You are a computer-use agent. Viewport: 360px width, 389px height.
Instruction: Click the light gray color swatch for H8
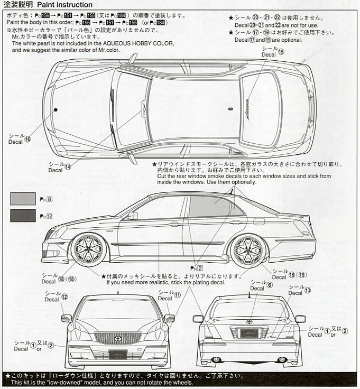[23, 199]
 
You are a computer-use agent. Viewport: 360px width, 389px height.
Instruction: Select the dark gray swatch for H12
[23, 216]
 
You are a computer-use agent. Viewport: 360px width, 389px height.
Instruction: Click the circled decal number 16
[27, 139]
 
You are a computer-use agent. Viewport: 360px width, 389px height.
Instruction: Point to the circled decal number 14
[68, 167]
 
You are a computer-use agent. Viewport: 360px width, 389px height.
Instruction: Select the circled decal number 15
[281, 52]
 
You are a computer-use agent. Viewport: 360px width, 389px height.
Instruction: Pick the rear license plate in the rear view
[250, 334]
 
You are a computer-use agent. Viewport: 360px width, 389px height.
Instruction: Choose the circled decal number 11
[178, 295]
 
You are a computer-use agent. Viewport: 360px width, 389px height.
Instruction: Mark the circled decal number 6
[270, 285]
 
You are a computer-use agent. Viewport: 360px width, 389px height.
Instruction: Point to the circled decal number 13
[308, 290]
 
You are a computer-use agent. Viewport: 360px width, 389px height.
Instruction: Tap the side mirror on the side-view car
[132, 216]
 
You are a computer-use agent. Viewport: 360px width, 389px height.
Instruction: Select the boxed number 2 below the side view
[200, 268]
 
